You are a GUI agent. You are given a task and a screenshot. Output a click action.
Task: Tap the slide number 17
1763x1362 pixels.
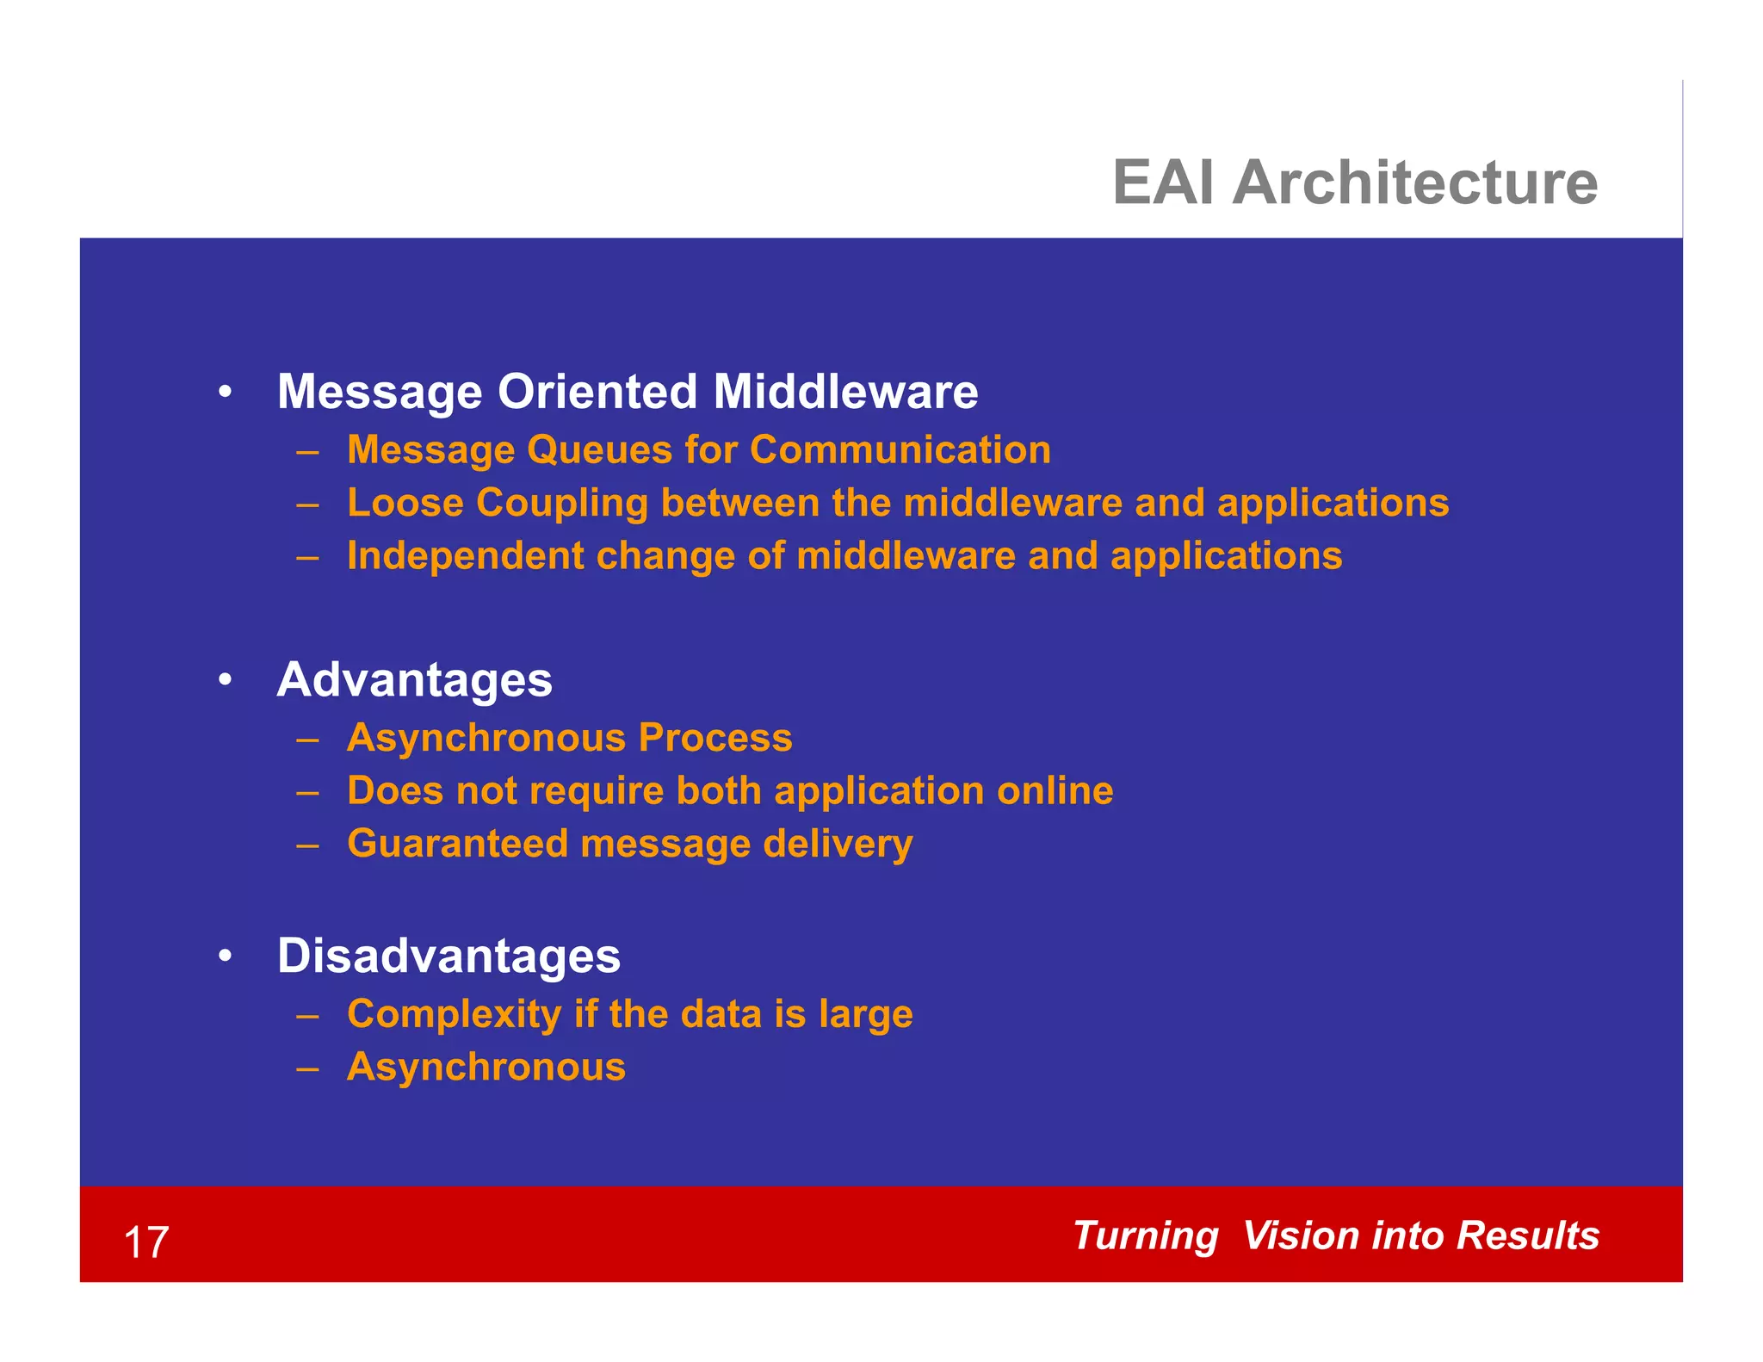tap(145, 1242)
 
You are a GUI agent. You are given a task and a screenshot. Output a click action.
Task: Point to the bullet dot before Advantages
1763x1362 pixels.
tap(225, 680)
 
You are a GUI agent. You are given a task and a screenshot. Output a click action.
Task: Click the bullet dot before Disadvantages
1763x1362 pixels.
tap(225, 956)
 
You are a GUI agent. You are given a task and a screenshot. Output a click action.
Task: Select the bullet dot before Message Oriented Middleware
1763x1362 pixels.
tap(225, 393)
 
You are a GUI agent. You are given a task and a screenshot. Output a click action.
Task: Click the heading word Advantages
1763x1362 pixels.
tap(414, 680)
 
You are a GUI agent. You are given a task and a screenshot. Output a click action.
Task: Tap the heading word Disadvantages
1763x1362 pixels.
tap(448, 956)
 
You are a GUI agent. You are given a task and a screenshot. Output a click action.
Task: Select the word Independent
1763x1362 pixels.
tap(465, 556)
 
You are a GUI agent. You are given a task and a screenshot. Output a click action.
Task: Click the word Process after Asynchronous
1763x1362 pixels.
tap(714, 738)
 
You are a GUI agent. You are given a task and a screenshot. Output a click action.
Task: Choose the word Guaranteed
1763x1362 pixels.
tap(457, 843)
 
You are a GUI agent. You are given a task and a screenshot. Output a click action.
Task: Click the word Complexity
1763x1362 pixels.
tap(454, 1014)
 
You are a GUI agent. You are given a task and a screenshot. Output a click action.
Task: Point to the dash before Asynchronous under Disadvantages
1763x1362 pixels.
tap(307, 1068)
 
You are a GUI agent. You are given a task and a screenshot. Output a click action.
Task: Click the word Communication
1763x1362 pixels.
tap(900, 450)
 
